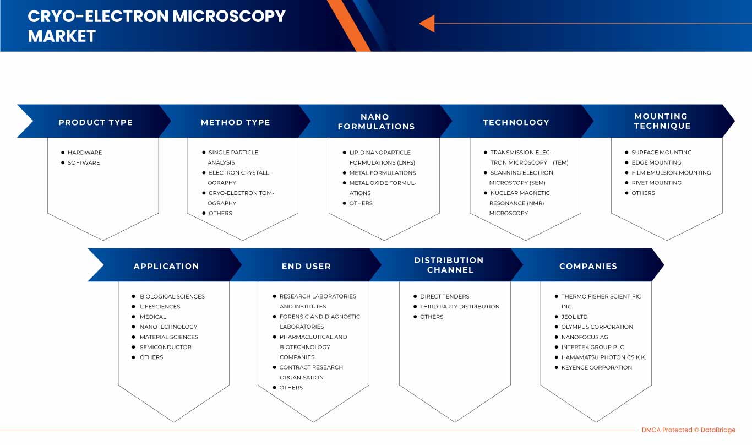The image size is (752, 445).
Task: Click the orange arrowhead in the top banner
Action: [x=427, y=24]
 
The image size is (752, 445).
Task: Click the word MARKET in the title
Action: [x=62, y=36]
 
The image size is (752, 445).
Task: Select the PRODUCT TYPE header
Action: [x=95, y=122]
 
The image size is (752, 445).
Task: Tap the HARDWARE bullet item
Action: [x=85, y=153]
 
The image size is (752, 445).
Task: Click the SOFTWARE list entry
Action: [x=84, y=162]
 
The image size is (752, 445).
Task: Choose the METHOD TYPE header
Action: [x=235, y=122]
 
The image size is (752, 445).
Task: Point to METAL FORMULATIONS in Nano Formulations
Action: [x=383, y=172]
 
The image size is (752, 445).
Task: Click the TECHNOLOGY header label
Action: [x=516, y=122]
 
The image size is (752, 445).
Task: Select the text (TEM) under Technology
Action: [x=560, y=162]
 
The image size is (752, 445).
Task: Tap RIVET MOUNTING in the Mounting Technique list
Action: [x=656, y=183]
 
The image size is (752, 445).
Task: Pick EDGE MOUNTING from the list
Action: [x=656, y=162]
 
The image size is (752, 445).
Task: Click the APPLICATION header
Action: [x=166, y=267]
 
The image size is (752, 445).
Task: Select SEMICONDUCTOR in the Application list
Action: [x=166, y=347]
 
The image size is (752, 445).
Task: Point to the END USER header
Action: [x=306, y=267]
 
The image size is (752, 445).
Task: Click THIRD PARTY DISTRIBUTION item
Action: [x=460, y=306]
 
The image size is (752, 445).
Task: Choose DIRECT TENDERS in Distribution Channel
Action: [x=444, y=296]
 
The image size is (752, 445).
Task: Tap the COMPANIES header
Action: [x=588, y=267]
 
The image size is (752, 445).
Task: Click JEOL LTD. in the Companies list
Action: [x=575, y=317]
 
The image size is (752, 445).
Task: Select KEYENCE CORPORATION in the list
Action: [x=597, y=367]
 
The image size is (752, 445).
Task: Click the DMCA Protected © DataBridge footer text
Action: [x=689, y=430]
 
